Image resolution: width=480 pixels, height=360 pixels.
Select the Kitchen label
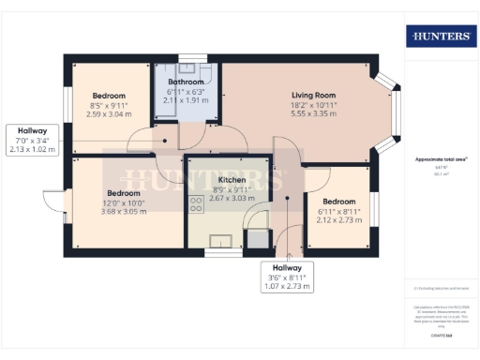[232, 179]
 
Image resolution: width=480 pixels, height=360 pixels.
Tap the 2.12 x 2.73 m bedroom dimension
[338, 220]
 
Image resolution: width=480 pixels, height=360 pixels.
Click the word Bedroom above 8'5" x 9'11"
[109, 97]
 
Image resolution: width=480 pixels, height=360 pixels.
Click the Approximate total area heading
[439, 159]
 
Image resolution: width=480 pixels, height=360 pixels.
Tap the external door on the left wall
[53, 204]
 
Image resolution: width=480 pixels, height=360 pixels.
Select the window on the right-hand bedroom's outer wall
[372, 207]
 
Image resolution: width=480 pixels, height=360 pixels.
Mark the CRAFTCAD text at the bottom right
[439, 334]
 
